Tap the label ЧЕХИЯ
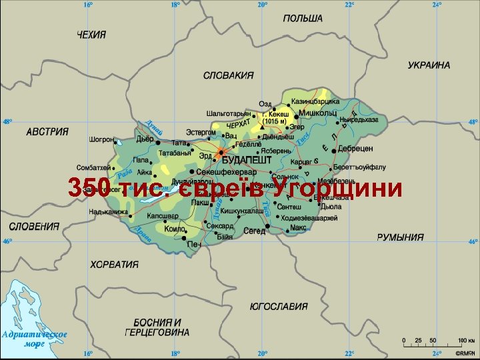(91, 35)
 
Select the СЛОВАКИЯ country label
(228, 75)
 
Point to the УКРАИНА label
(429, 65)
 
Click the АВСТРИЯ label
(47, 132)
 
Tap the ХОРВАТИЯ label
(114, 264)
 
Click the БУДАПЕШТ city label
(246, 161)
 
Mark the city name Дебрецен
(355, 148)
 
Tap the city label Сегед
(254, 231)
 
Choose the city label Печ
(194, 245)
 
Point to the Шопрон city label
(101, 140)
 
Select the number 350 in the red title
(89, 189)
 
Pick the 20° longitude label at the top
(262, 5)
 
